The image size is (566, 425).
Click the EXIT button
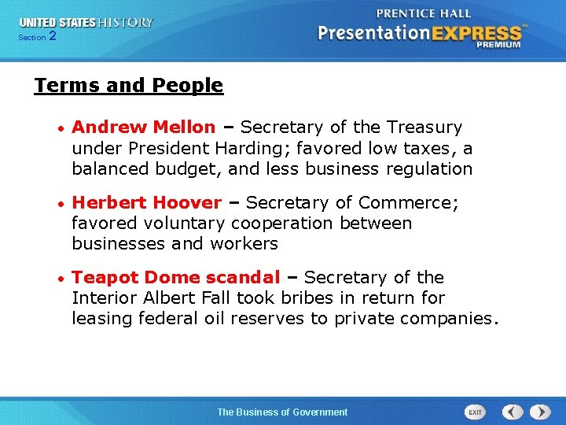475,412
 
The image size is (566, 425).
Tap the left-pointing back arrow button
513,412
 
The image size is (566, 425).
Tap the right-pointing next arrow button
540,412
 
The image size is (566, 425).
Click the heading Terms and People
129,86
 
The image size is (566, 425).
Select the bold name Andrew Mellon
143,128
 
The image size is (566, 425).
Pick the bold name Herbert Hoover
146,203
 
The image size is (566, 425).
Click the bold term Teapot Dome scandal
175,278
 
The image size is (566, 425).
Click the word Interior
105,298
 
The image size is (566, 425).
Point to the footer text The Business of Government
282,412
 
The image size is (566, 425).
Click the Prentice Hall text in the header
424,13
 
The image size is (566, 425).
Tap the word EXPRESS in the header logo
473,33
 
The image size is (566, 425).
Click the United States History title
86,23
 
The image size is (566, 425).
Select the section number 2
53,36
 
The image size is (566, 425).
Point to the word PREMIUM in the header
498,46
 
